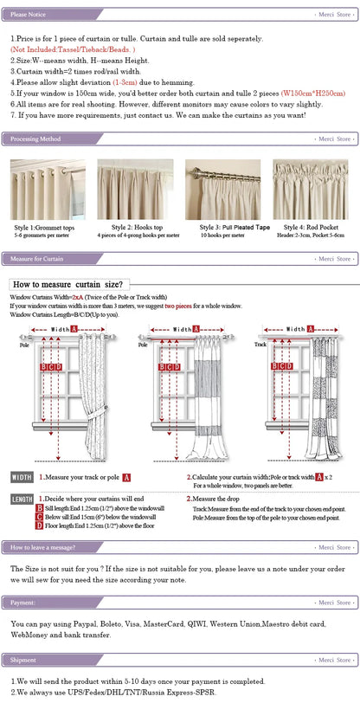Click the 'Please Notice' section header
point(29,15)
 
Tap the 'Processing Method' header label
point(35,139)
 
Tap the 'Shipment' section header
point(23,660)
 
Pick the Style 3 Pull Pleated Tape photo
point(222,190)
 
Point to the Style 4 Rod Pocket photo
point(310,190)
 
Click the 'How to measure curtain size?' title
point(67,284)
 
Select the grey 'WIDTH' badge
point(22,477)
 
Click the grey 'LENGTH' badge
point(22,500)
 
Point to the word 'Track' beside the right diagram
point(260,344)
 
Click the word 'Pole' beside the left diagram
point(25,344)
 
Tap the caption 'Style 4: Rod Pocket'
point(310,227)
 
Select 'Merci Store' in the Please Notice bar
point(334,15)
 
